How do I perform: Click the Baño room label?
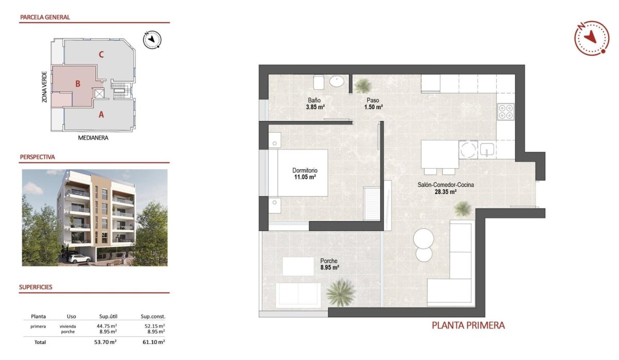(x=315, y=100)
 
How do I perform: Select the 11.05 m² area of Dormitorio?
(x=304, y=177)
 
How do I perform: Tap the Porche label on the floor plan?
(x=329, y=260)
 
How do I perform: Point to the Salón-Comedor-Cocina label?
(x=446, y=184)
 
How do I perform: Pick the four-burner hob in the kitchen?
(x=505, y=111)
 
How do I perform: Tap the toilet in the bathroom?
(x=318, y=83)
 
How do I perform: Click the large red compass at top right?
(x=592, y=37)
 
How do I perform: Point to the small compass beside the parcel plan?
(x=153, y=39)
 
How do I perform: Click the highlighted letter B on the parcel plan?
(x=77, y=84)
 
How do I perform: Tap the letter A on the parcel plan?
(x=101, y=115)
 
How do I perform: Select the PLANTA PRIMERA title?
(x=467, y=325)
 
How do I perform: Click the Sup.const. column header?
(x=153, y=316)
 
